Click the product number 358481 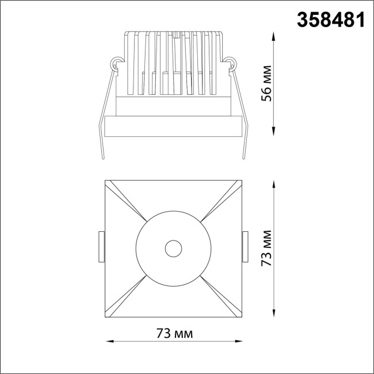click(330, 20)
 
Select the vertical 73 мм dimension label click(266, 249)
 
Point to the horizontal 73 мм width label click(174, 333)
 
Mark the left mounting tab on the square click(101, 246)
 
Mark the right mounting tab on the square click(245, 246)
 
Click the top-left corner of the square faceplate click(105, 181)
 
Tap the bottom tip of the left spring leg click(101, 159)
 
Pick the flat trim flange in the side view click(173, 127)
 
